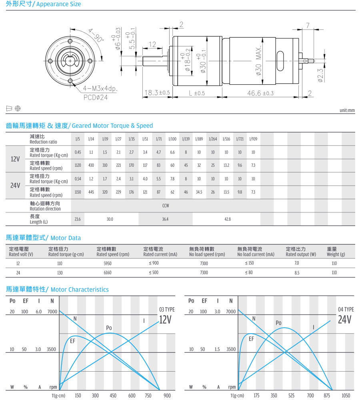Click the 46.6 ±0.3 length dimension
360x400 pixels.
(x=260, y=93)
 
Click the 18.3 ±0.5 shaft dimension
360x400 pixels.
(x=157, y=93)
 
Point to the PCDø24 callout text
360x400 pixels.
(x=96, y=97)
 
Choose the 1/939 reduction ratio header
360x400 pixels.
(x=253, y=139)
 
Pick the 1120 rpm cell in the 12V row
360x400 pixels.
(x=78, y=165)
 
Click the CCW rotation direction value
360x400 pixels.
(x=165, y=206)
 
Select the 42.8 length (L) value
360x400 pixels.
(x=227, y=219)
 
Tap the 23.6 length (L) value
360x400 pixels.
(x=78, y=219)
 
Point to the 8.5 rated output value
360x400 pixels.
(x=296, y=272)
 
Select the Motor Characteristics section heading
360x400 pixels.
(x=57, y=289)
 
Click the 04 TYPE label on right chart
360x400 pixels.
(x=346, y=310)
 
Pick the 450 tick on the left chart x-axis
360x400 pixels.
(x=113, y=396)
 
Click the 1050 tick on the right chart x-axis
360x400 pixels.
(x=346, y=396)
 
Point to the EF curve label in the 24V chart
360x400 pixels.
(x=251, y=339)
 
